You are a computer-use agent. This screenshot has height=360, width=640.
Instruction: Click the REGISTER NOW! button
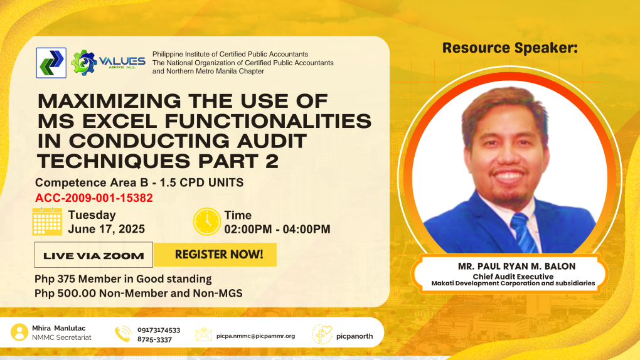215,255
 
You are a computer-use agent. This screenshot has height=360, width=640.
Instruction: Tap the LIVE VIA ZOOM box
93,255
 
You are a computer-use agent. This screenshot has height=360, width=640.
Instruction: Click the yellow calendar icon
47,221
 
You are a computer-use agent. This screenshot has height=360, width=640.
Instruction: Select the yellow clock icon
207,221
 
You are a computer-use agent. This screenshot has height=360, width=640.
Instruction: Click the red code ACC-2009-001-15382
94,198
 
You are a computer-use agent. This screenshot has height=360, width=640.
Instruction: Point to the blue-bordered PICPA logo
51,63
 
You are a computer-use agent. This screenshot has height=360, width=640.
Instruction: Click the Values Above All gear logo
108,63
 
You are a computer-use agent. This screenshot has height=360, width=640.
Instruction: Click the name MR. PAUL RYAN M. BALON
516,266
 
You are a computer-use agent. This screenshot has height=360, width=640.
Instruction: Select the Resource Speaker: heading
509,48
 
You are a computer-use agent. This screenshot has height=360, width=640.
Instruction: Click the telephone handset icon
123,334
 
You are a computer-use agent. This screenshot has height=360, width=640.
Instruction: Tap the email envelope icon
204,334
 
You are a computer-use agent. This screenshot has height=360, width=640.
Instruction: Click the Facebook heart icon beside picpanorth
322,334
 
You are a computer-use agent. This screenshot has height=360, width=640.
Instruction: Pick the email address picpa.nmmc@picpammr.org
255,336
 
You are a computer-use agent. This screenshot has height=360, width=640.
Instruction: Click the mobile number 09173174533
159,330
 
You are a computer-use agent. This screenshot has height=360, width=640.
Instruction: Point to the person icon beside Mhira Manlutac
19,332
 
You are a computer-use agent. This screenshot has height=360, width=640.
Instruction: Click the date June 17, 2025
107,229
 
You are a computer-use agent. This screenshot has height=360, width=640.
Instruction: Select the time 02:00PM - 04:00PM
277,230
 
